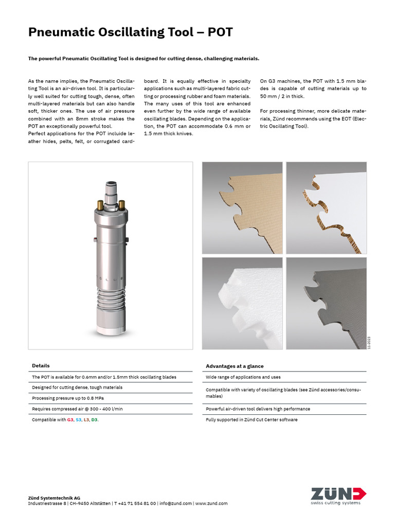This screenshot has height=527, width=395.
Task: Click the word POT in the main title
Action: point(220,32)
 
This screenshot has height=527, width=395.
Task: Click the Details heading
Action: point(41,366)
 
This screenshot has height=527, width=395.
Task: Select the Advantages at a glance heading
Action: point(235,366)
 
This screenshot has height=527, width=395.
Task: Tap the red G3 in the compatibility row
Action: point(70,420)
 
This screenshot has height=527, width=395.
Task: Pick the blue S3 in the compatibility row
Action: point(79,420)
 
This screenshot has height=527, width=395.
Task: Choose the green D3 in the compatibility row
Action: point(95,420)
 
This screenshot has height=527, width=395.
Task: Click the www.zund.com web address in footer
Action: point(211,503)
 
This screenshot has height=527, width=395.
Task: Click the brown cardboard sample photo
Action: point(242,207)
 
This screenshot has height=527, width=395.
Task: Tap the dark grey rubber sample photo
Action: point(326,303)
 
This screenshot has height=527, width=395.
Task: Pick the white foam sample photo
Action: point(242,303)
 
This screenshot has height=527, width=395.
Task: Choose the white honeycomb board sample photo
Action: point(326,207)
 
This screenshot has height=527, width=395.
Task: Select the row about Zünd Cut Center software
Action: point(252,419)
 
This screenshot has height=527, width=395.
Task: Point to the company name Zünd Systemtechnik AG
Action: point(53,498)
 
